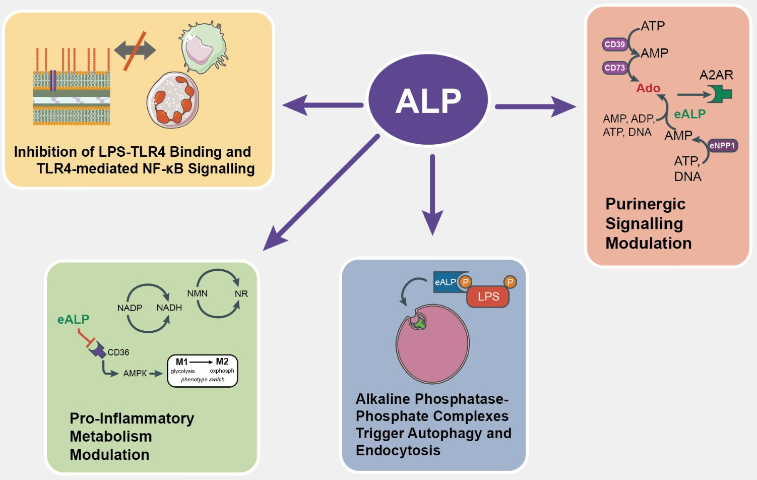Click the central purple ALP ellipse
point(428,99)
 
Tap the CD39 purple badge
point(614,44)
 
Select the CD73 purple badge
point(614,68)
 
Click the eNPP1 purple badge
point(722,146)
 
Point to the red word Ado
point(648,88)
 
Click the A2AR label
point(716,75)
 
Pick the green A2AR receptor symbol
point(721,94)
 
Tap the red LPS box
point(488,296)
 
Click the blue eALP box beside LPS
point(446,282)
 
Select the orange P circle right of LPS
point(510,282)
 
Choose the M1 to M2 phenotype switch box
point(202,371)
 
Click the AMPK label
point(135,374)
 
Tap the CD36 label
point(118,352)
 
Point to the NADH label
point(169,308)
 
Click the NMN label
point(197,293)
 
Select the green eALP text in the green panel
point(73,319)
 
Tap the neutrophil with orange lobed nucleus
point(173,100)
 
